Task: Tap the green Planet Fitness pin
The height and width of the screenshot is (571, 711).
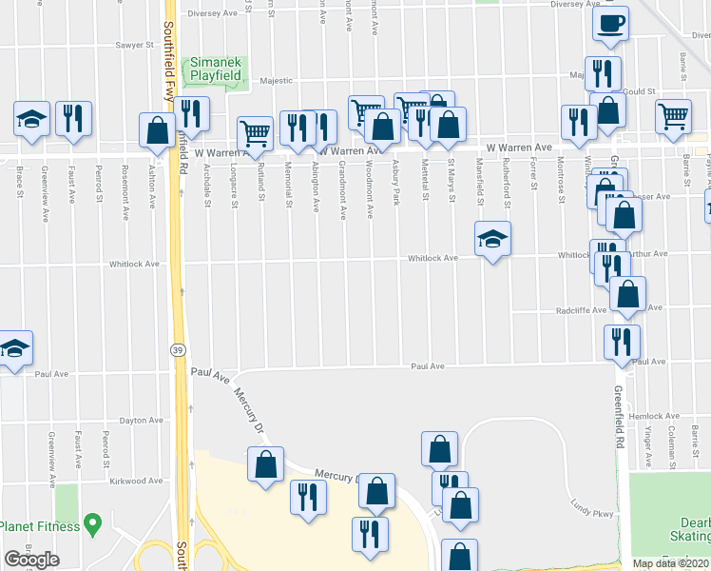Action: point(92,522)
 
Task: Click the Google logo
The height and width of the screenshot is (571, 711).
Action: point(31,560)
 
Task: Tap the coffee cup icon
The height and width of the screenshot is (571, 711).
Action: point(611,25)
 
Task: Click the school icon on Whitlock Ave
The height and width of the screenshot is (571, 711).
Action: point(493,239)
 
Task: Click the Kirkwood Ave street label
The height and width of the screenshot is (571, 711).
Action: point(134,482)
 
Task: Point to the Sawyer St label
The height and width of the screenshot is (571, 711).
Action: point(135,45)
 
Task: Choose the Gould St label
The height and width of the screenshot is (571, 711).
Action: point(642,91)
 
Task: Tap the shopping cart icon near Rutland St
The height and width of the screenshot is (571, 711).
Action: point(255,133)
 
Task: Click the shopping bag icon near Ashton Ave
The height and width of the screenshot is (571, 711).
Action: point(157,130)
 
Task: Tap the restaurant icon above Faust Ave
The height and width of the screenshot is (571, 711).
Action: point(73,119)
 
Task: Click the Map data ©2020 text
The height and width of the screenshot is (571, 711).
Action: point(670,563)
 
